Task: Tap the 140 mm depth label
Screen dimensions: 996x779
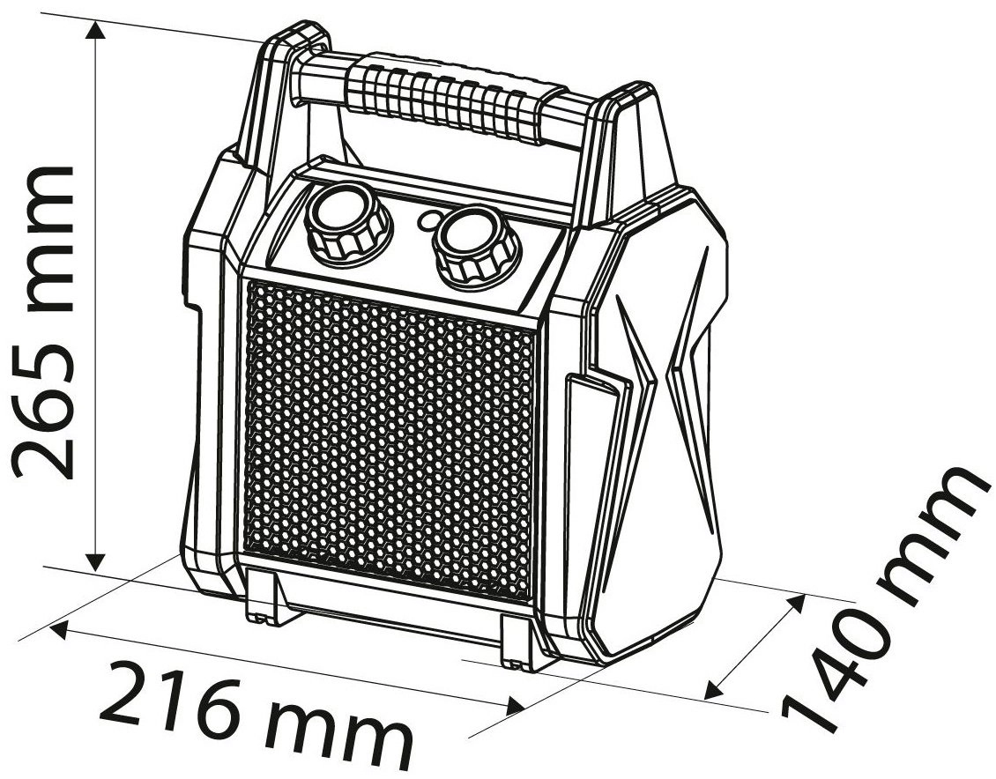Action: pyautogui.click(x=886, y=600)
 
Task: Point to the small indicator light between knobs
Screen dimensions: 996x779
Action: pyautogui.click(x=427, y=219)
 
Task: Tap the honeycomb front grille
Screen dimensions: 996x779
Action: pyautogui.click(x=389, y=438)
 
